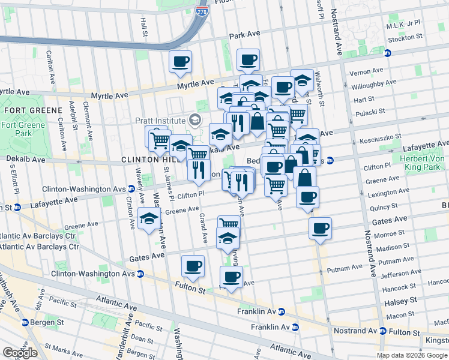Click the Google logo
point(20,353)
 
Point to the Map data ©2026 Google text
point(411,355)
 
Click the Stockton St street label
point(405,38)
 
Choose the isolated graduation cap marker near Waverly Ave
point(148,219)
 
